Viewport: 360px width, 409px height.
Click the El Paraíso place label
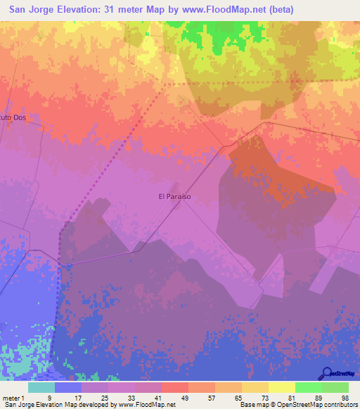(175, 197)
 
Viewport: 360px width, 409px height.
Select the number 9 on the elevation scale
(49, 397)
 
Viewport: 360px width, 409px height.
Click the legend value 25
(104, 397)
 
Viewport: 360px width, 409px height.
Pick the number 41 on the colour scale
(157, 397)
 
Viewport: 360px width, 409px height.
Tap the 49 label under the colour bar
(184, 397)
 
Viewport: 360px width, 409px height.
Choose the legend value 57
(211, 397)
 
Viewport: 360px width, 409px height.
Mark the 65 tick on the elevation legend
(238, 397)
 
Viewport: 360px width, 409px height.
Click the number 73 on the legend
(264, 397)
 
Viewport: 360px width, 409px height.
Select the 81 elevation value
(291, 397)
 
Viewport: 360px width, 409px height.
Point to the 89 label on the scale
(318, 397)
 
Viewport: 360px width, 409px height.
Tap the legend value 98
(345, 397)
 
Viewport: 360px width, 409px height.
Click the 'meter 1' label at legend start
(13, 397)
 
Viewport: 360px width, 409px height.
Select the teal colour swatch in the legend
(41, 387)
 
